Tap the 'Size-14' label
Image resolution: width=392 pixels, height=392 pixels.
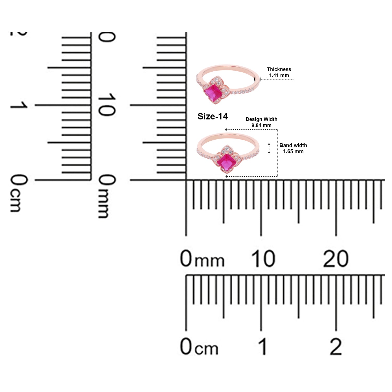212,116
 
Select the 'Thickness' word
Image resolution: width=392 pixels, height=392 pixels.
279,69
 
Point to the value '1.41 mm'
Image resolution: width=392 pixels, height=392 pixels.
279,76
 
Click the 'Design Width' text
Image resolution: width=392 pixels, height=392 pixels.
261,119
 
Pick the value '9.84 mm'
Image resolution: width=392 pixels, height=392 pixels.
261,125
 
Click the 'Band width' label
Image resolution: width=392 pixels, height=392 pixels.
293,145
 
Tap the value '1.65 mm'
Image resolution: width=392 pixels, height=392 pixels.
293,151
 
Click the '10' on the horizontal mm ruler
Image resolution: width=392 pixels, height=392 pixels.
263,259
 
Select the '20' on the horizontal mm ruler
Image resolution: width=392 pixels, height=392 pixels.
336,259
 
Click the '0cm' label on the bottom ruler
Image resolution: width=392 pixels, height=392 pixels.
199,347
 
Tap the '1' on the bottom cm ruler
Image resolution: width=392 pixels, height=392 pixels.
263,347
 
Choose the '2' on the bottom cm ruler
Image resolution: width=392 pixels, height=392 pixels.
336,347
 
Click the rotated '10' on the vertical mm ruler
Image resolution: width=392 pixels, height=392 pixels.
106,105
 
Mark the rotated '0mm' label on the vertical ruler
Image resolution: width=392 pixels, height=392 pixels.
106,196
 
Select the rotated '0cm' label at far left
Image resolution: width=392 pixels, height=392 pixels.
19,193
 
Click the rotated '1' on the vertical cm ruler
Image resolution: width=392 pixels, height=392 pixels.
19,105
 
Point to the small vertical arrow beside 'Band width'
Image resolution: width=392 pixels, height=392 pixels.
269,148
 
